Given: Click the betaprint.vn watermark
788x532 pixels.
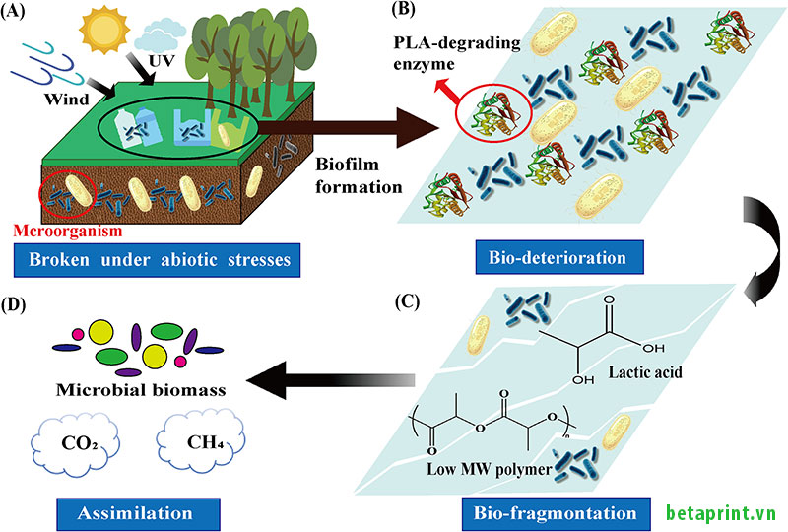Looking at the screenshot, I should click(x=722, y=513).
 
